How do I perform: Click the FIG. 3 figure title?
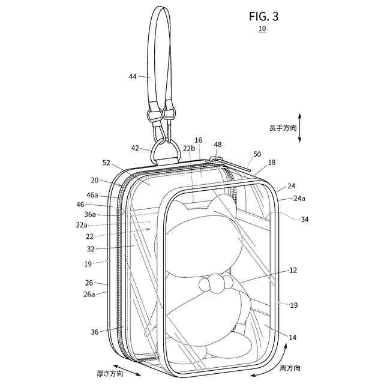(263, 16)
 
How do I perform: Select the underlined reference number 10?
(262, 29)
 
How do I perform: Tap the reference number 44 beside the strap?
(133, 76)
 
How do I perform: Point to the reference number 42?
(136, 148)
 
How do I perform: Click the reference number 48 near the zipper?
(217, 145)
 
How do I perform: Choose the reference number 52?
(107, 162)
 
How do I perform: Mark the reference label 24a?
(299, 199)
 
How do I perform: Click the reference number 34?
(305, 219)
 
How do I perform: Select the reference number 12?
(293, 270)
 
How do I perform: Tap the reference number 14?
(292, 338)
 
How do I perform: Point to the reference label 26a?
(89, 294)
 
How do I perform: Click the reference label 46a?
(92, 196)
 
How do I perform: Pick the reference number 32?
(91, 247)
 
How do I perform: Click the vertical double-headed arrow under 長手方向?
(300, 128)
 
